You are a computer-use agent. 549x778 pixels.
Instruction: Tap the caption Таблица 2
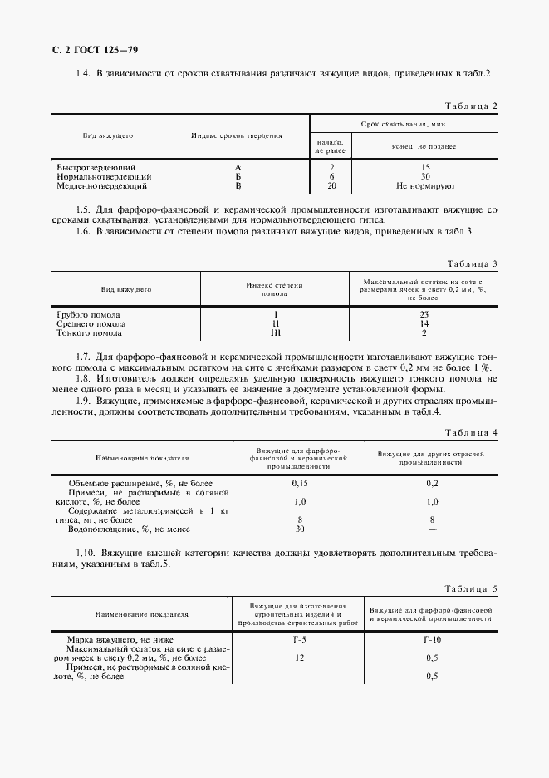[471, 106]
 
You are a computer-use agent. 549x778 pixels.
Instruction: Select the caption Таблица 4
[471, 433]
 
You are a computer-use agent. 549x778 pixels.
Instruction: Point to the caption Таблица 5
[471, 589]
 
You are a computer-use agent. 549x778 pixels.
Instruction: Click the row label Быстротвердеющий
[96, 167]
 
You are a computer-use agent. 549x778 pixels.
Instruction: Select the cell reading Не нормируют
[424, 187]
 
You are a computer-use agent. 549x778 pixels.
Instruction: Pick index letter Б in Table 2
[238, 177]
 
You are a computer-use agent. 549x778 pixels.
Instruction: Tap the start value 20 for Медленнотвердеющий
[331, 187]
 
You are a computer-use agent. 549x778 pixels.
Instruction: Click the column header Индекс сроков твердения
[237, 135]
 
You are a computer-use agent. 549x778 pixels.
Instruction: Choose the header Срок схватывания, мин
[403, 123]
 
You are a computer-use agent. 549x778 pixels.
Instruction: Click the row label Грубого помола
[88, 315]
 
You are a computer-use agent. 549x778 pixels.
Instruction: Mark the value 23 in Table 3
[424, 315]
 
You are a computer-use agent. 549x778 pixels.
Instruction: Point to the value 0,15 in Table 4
[300, 483]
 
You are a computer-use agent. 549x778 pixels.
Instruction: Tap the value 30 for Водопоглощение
[300, 529]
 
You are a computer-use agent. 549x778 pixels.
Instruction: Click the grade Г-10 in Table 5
[431, 639]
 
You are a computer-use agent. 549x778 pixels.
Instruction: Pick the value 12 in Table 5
[300, 657]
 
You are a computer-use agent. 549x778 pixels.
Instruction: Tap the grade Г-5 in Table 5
[300, 639]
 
